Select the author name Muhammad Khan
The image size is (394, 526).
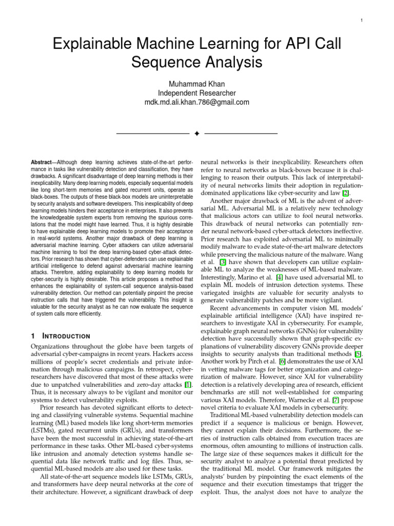tap(197, 84)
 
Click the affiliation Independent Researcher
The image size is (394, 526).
tap(197, 93)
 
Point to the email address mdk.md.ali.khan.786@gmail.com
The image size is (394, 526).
tap(197, 102)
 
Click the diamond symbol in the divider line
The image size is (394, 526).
tap(196, 134)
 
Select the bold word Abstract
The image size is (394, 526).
tap(42, 162)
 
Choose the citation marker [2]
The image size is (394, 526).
tap(346, 193)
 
